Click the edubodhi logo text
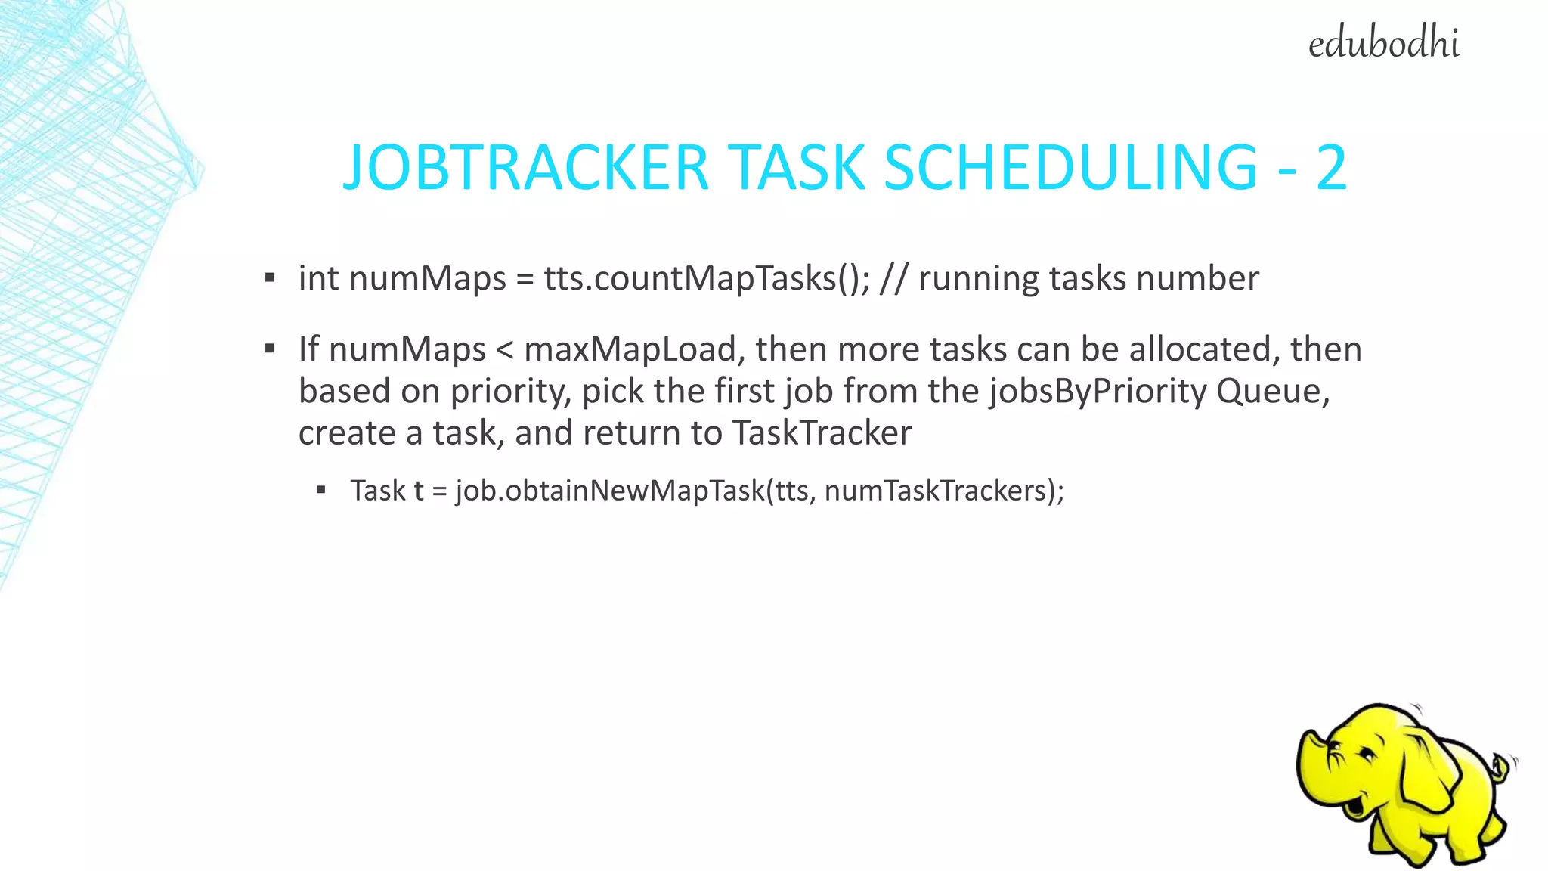[x=1383, y=43]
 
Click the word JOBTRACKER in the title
[x=525, y=167]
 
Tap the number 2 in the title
[x=1331, y=167]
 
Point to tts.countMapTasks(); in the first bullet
[x=707, y=279]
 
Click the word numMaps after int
[x=427, y=279]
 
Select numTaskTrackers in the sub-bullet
[x=934, y=491]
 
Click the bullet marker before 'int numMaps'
[x=270, y=278]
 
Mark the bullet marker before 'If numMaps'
[x=270, y=349]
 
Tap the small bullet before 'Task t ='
[x=321, y=491]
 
